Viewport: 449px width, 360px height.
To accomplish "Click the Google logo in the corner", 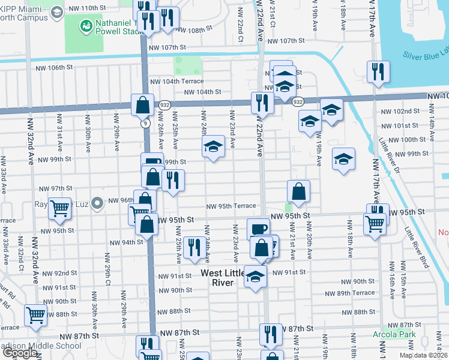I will tap(19, 353).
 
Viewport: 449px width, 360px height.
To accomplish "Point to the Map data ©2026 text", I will tap(424, 355).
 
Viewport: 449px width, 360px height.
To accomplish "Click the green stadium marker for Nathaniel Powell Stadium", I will tap(86, 26).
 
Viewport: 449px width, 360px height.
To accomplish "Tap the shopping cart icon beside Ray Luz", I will tap(60, 208).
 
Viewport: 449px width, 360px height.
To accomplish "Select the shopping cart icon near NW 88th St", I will tap(36, 314).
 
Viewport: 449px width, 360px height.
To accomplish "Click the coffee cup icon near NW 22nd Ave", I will tap(258, 229).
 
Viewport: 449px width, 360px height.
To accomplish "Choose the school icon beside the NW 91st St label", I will tap(256, 277).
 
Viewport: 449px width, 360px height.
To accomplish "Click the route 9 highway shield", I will tap(145, 123).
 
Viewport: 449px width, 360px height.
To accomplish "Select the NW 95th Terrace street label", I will tap(231, 206).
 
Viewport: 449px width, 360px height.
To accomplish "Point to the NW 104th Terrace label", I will tap(176, 81).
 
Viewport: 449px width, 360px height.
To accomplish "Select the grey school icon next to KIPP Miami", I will tap(56, 12).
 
